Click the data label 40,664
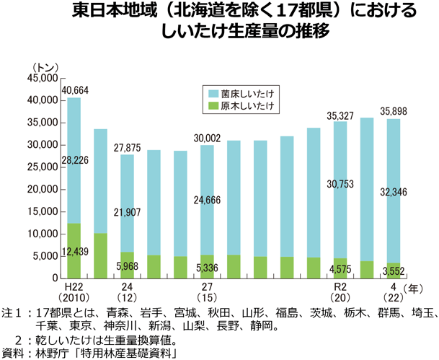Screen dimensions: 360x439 pos(76,90)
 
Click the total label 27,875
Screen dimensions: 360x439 pos(127,147)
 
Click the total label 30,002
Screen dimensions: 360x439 pos(206,138)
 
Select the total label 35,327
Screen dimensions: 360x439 pos(340,115)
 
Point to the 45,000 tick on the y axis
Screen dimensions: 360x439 pos(41,78)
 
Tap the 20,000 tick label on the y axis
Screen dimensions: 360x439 pos(41,189)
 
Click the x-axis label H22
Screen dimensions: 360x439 pos(75,287)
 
